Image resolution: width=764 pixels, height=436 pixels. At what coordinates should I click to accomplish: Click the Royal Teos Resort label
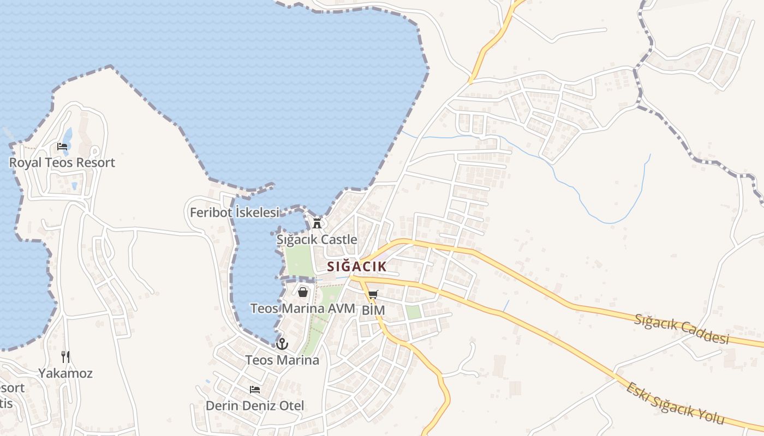(x=62, y=162)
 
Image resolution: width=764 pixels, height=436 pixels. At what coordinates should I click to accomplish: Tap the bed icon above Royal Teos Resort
(x=62, y=146)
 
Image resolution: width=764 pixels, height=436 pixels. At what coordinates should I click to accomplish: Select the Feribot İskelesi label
(x=234, y=213)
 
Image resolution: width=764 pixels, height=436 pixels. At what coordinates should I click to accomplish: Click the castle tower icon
(x=317, y=222)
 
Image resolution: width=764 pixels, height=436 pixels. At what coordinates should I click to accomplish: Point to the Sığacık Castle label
(x=317, y=239)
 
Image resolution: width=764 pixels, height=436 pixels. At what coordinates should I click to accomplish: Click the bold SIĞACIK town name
(x=357, y=267)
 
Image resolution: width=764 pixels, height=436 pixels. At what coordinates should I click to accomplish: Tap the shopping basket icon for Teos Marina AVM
(x=303, y=292)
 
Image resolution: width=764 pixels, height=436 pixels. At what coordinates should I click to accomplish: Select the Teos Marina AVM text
(x=302, y=308)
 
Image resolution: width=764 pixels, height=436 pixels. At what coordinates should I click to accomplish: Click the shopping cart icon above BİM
(x=373, y=295)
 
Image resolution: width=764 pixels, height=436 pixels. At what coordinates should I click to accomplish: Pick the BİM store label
(x=373, y=310)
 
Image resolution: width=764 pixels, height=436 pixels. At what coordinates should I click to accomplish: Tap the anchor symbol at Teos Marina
(x=282, y=344)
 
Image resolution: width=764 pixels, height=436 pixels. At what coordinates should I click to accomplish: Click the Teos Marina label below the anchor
(x=282, y=360)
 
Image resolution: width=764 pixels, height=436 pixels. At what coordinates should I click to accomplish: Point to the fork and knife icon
(x=65, y=357)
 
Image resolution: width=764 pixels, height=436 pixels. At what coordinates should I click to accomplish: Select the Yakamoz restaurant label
(x=65, y=373)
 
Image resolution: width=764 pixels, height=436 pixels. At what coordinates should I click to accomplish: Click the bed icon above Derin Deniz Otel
(x=255, y=389)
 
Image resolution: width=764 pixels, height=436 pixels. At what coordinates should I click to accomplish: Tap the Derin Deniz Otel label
(x=255, y=405)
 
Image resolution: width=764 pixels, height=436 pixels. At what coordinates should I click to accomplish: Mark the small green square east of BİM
(x=414, y=312)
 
